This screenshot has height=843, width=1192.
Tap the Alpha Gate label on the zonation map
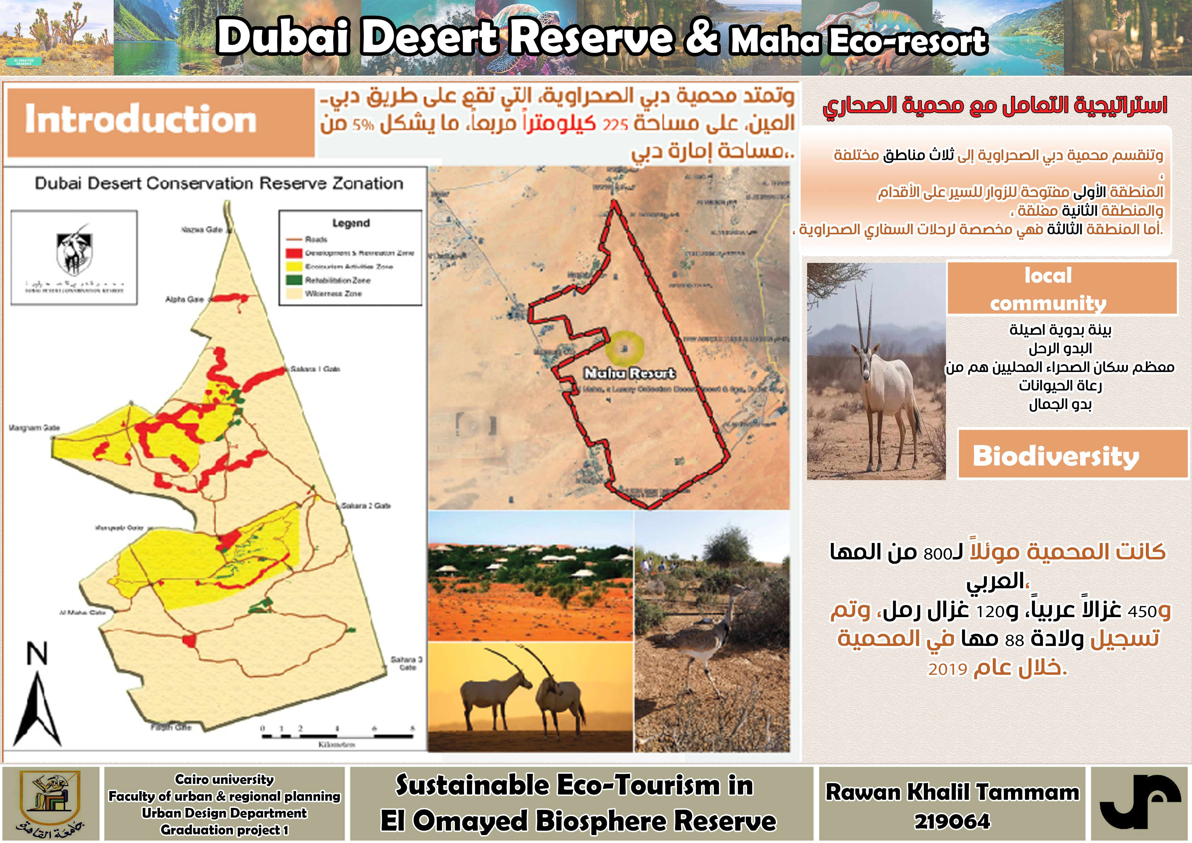(x=184, y=299)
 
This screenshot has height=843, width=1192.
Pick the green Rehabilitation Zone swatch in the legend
(x=294, y=280)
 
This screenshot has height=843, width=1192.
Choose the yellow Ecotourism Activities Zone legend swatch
(x=294, y=266)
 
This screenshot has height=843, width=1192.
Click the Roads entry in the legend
(x=316, y=239)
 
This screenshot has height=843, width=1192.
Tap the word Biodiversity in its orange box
(x=1056, y=456)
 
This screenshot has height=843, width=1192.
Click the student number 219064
(x=952, y=821)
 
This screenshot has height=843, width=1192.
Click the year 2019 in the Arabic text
(x=947, y=669)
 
